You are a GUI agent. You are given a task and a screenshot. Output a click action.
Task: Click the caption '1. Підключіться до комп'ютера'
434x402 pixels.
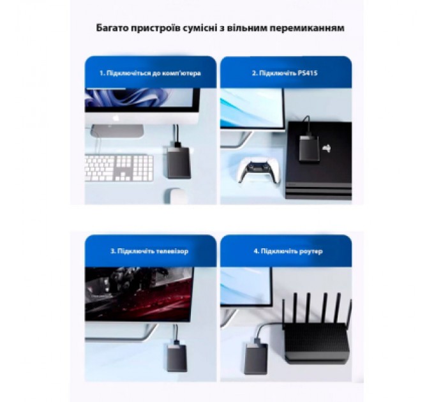151,73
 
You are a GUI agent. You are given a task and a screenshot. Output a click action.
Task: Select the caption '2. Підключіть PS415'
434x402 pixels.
285,73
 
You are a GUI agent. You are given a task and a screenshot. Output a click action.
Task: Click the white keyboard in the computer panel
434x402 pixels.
119,168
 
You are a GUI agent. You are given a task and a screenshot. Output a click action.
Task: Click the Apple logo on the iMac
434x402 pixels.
117,119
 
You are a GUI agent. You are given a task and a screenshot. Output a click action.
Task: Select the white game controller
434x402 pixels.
255,170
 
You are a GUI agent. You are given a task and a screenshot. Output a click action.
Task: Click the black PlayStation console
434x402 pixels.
319,166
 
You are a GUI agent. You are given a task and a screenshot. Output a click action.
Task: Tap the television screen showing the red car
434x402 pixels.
138,293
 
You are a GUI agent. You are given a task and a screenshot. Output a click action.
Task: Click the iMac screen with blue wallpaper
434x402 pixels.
141,99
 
